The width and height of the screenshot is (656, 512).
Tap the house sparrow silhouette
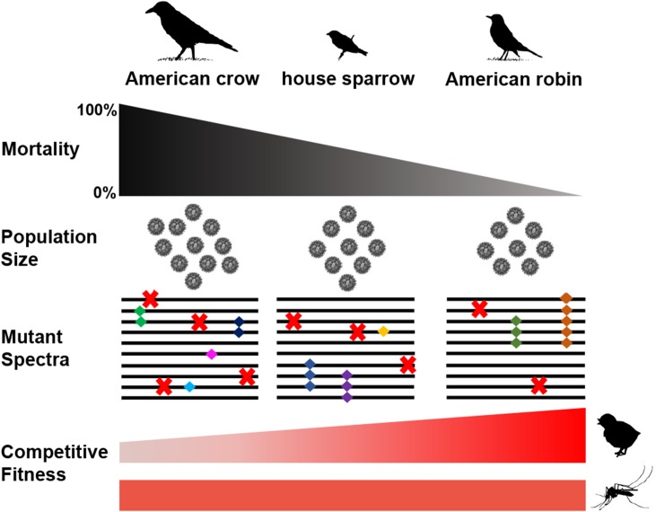346,41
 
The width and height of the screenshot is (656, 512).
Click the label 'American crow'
192,79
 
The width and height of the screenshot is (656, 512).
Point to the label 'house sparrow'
348,79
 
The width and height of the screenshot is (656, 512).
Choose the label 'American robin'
513,79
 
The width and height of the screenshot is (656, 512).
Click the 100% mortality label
97,111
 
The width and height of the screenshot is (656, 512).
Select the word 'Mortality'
41,151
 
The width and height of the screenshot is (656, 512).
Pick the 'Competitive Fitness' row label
54,462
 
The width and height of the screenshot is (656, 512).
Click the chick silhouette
620,434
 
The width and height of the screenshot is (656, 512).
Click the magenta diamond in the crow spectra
211,354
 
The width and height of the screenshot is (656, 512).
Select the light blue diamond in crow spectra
189,387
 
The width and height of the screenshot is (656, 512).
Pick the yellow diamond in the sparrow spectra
383,331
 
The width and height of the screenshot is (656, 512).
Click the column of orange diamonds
565,320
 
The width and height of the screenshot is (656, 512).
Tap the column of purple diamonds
346,385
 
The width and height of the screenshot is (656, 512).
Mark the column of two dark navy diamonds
239,327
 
